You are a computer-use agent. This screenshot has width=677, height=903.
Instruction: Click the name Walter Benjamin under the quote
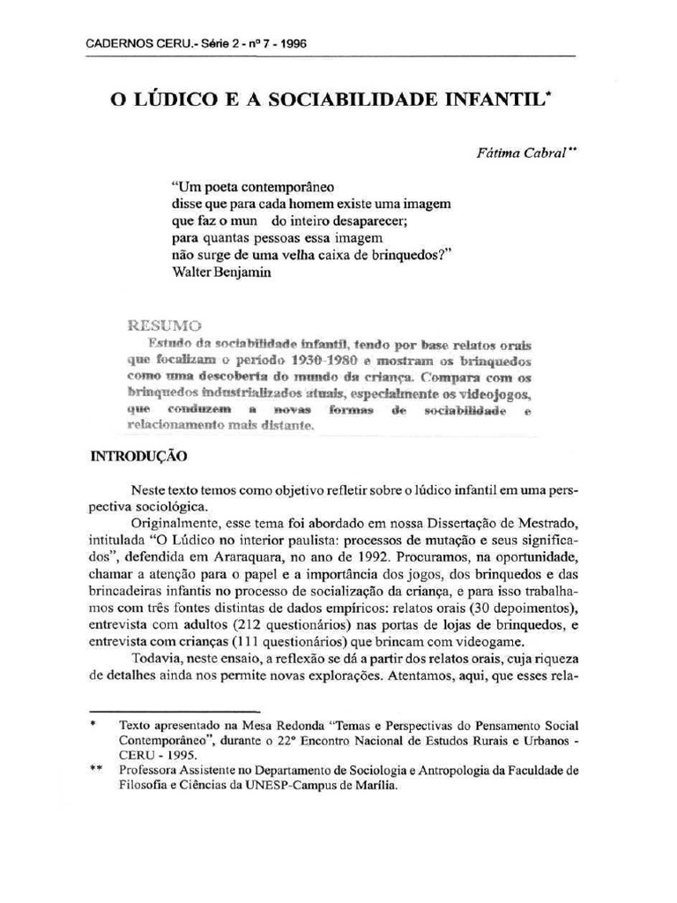[221, 272]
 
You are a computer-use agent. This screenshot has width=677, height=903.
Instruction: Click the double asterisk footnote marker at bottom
[96, 769]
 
